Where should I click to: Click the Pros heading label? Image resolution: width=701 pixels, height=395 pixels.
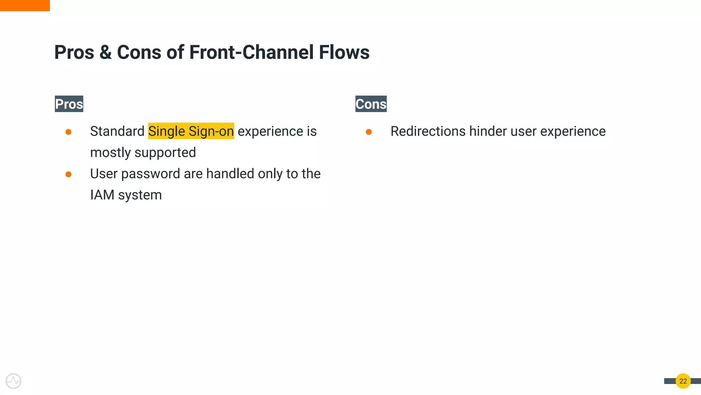point(69,104)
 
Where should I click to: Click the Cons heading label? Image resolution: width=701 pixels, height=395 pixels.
point(371,104)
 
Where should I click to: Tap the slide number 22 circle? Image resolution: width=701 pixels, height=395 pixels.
point(683,381)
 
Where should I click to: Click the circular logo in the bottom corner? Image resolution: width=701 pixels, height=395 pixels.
point(13,381)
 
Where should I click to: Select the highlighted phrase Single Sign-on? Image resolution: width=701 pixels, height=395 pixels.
point(191,131)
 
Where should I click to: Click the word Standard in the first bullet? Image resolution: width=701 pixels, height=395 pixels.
point(117,131)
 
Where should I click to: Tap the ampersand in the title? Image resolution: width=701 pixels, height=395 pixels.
point(105,52)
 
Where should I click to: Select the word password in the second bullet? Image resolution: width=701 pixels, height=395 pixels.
point(151,174)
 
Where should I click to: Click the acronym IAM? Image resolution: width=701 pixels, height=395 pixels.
point(102,195)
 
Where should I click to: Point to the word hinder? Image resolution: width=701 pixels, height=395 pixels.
point(486,131)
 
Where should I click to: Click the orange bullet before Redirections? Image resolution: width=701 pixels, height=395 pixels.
point(369,132)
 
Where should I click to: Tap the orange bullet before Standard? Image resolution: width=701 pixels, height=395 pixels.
point(68,132)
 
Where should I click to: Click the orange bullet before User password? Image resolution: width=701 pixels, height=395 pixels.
point(68,175)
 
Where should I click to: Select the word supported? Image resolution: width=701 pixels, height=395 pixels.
point(165,153)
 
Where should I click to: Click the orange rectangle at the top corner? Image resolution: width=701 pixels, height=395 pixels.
point(25,5)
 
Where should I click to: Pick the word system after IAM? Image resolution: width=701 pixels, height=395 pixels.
point(140,195)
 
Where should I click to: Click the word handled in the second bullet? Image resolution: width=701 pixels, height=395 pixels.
point(230,174)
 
